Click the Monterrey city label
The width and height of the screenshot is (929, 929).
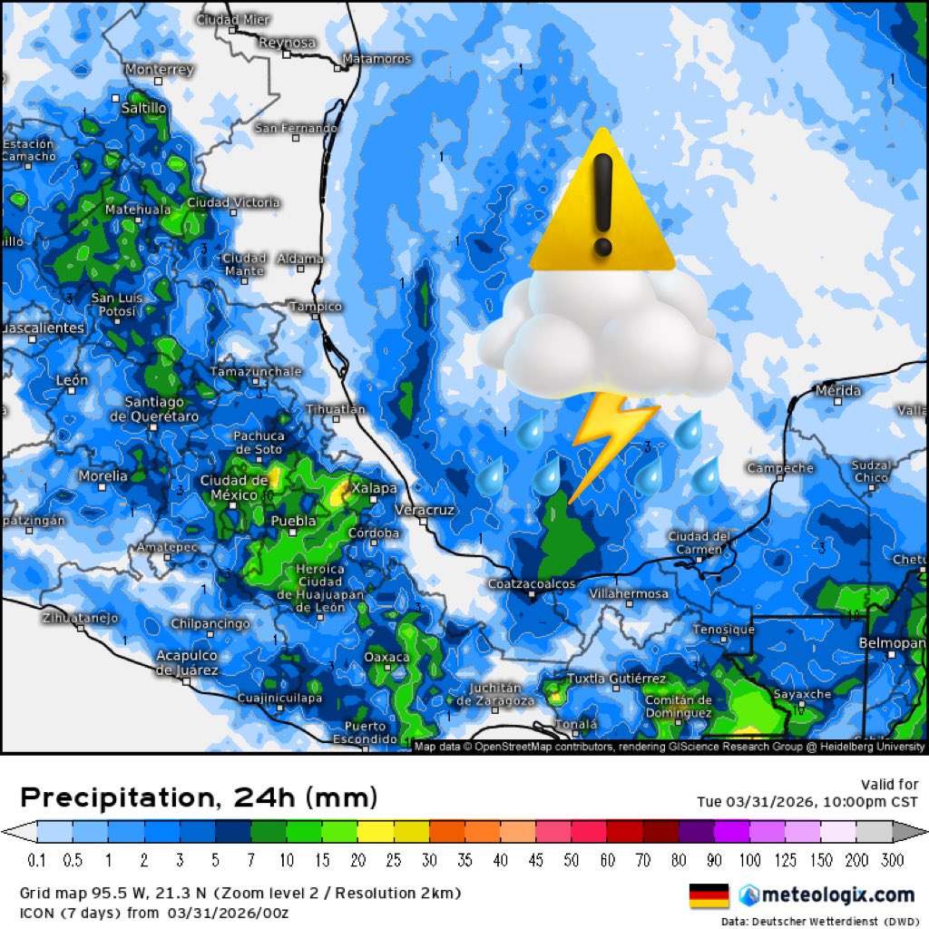(x=159, y=70)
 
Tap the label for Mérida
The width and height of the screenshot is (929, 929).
(x=837, y=391)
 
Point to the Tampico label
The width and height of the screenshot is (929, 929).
(x=315, y=307)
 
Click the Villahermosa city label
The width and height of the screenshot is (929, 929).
(x=629, y=594)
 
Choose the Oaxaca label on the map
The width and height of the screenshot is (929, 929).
(x=386, y=657)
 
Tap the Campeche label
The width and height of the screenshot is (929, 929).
(x=780, y=468)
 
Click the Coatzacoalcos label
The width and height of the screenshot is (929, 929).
(x=531, y=584)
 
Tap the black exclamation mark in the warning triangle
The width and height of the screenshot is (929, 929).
(x=602, y=205)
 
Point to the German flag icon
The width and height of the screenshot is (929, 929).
(x=709, y=895)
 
